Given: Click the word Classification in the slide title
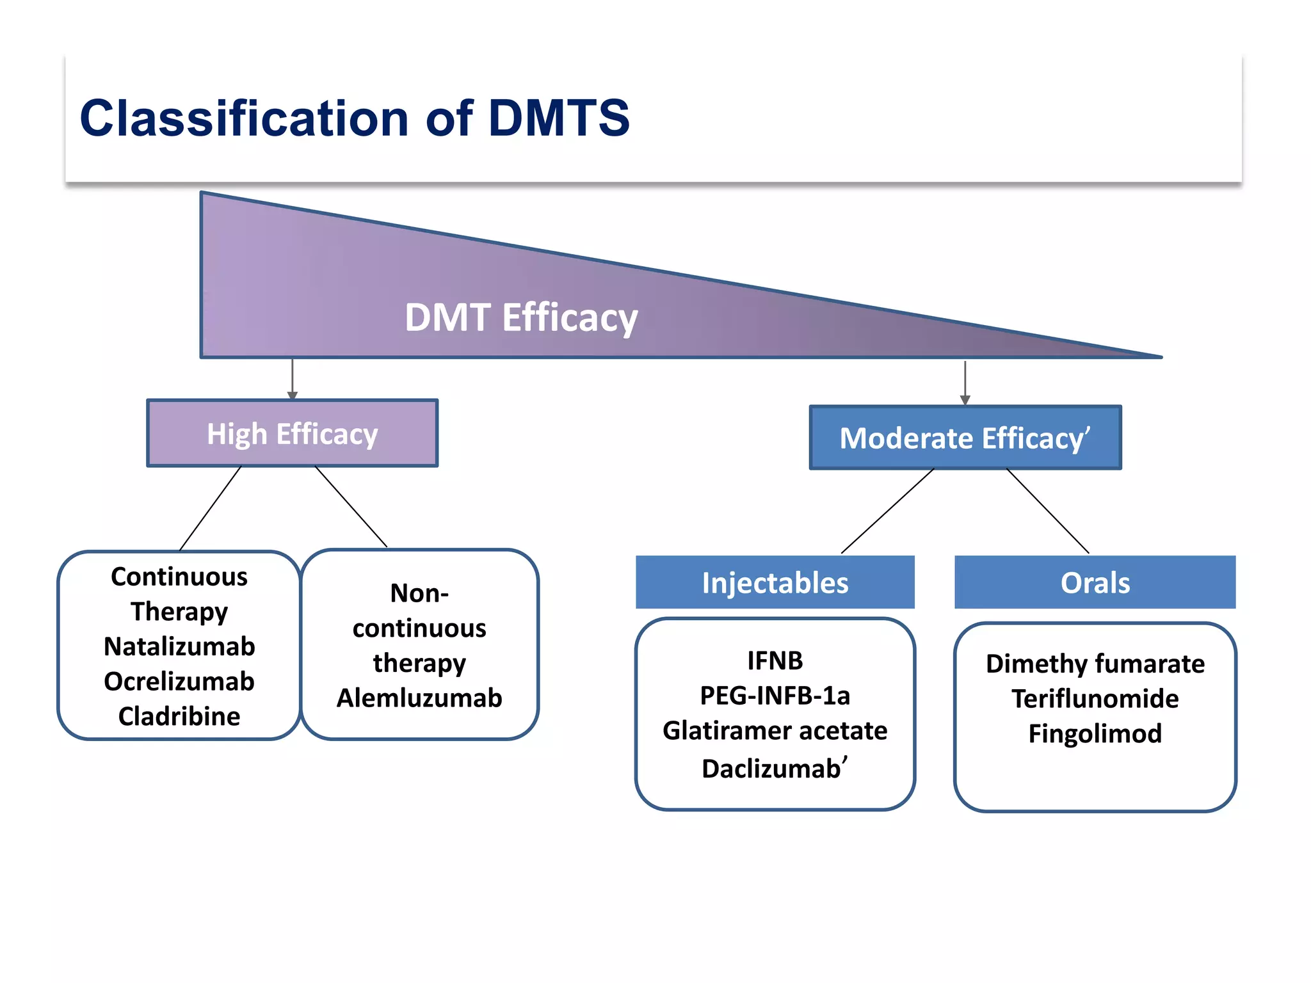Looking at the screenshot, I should (244, 118).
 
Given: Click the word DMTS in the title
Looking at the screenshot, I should (558, 118).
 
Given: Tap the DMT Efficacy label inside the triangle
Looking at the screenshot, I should (521, 317).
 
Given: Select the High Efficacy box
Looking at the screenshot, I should (293, 434).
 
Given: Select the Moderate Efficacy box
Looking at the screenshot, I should (965, 438).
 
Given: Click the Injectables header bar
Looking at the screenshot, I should (775, 582).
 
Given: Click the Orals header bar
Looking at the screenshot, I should (1095, 582).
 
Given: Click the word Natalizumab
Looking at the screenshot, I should (179, 646).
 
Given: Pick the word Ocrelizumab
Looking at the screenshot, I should (179, 682).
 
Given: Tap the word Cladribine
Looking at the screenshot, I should (179, 716).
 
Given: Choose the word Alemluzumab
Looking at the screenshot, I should (419, 698).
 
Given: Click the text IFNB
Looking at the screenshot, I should (775, 661).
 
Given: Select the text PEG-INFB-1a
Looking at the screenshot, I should (775, 696).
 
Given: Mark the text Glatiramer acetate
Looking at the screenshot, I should (775, 731).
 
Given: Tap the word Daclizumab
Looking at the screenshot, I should (771, 769).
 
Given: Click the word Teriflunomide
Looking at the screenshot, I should (1095, 699).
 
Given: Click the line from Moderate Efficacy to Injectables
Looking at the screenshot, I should (888, 511).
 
